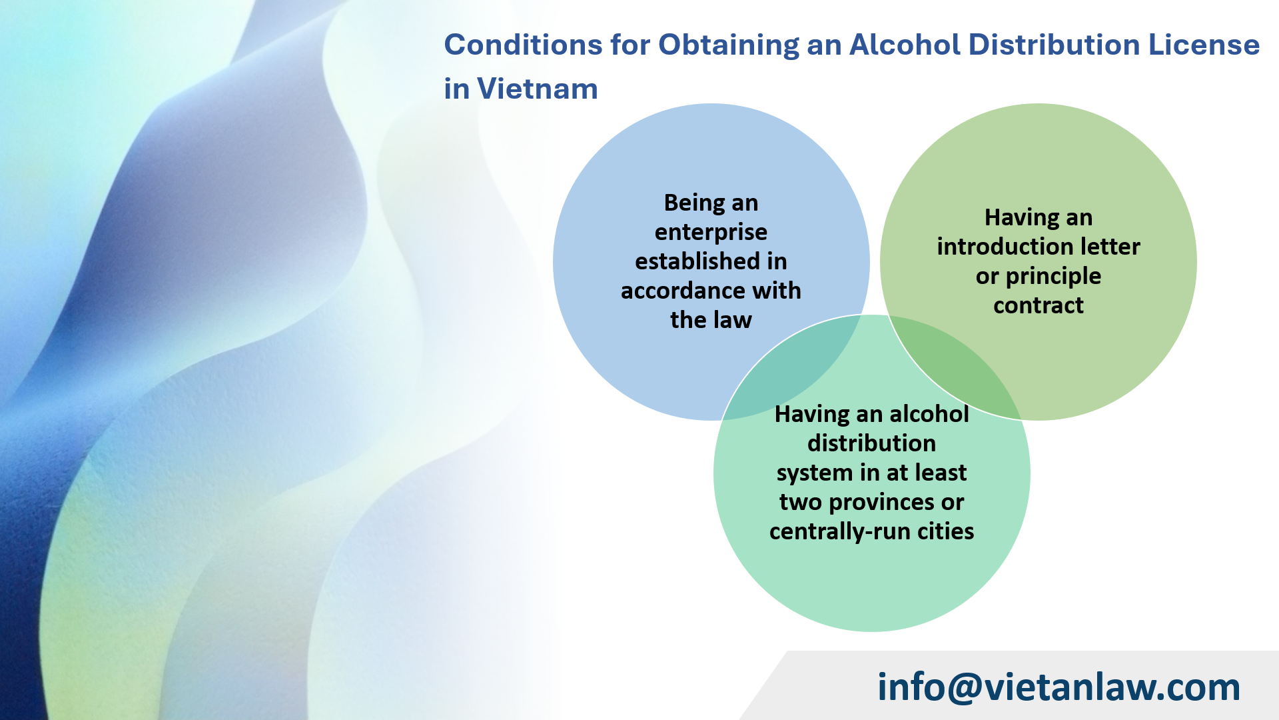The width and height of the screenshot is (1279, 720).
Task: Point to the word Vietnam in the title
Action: [x=537, y=89]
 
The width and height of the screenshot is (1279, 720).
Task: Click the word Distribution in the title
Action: [x=1053, y=45]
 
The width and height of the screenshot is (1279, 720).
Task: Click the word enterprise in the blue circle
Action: [x=711, y=232]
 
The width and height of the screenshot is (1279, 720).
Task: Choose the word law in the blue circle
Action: [x=731, y=320]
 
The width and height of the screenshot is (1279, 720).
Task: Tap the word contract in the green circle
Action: [x=1038, y=305]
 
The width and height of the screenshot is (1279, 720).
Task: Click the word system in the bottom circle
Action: [x=814, y=473]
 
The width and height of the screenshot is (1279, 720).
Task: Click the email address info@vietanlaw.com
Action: [x=1059, y=687]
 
